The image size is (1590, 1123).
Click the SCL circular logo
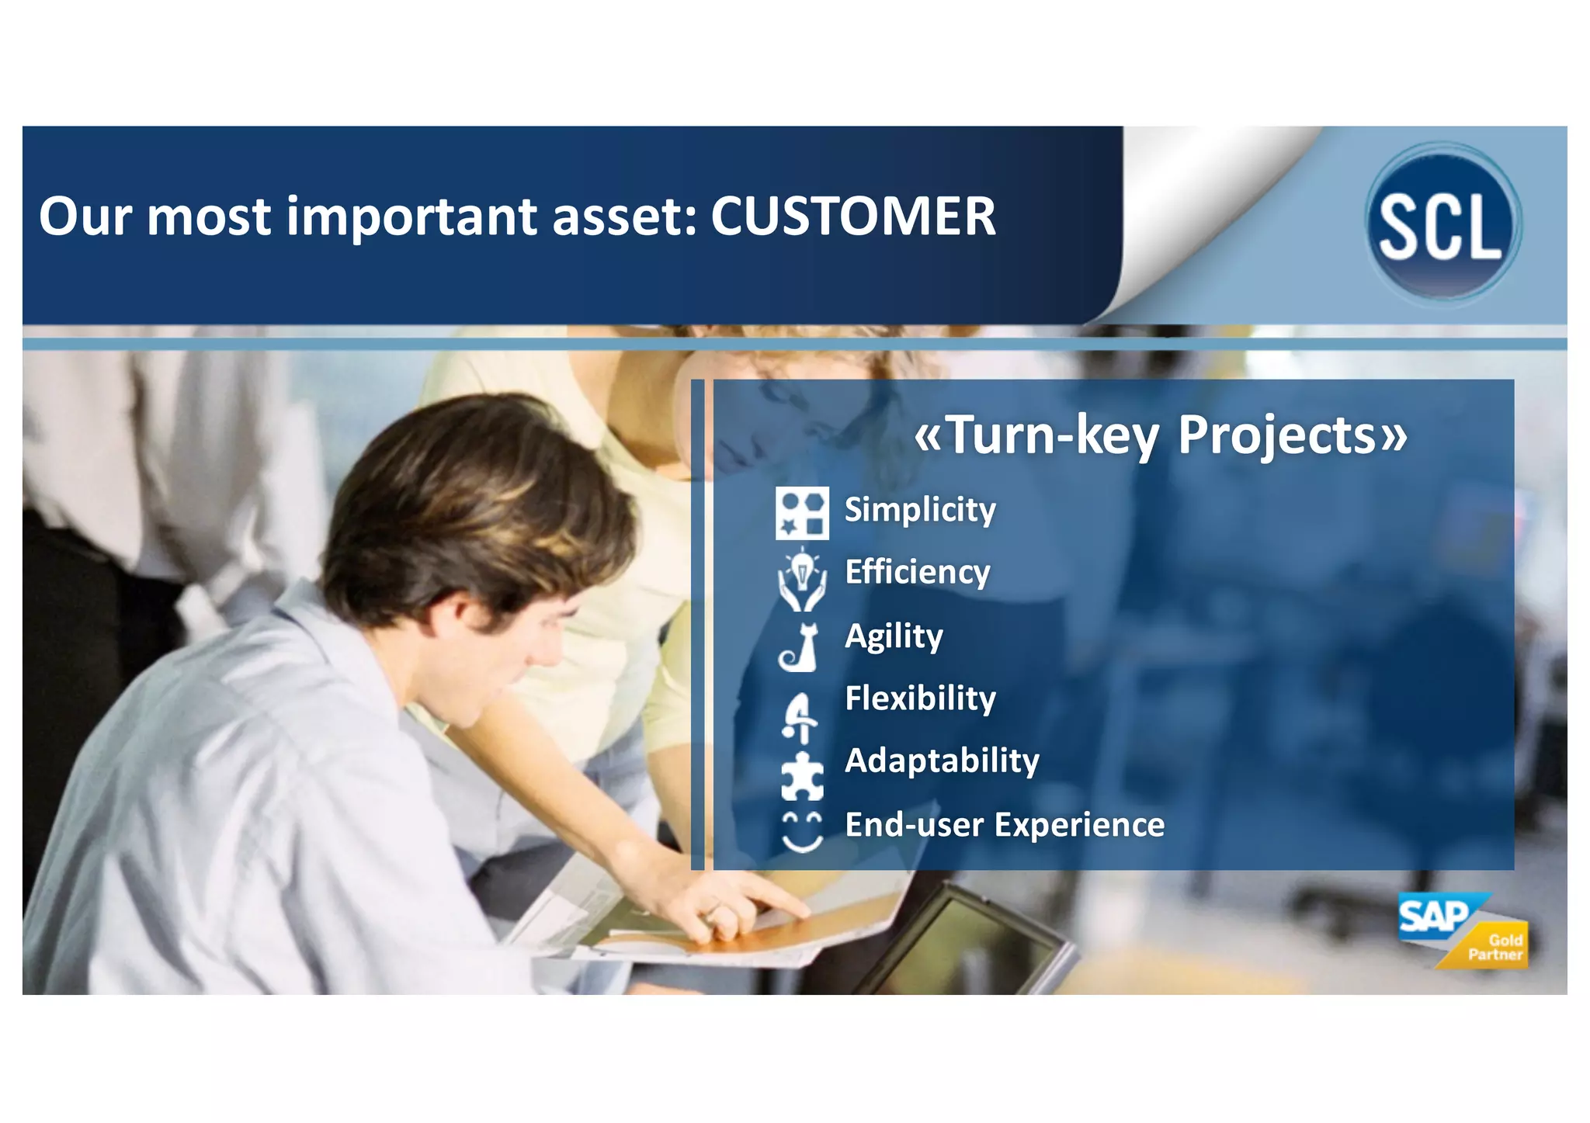[1442, 222]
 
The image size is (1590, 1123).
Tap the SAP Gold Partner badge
[1461, 931]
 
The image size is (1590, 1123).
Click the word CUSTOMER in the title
[852, 217]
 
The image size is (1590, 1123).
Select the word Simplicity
[919, 510]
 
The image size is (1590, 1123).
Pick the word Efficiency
[917, 572]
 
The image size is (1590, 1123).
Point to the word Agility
[893, 636]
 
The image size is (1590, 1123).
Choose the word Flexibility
[919, 698]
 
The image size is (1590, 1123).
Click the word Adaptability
[941, 761]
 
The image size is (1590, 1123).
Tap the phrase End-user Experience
[1004, 824]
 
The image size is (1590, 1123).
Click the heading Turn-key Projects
[1160, 435]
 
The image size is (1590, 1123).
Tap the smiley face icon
[801, 832]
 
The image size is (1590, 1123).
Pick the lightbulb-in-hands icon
[801, 579]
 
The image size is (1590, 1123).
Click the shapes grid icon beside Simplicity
[801, 513]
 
